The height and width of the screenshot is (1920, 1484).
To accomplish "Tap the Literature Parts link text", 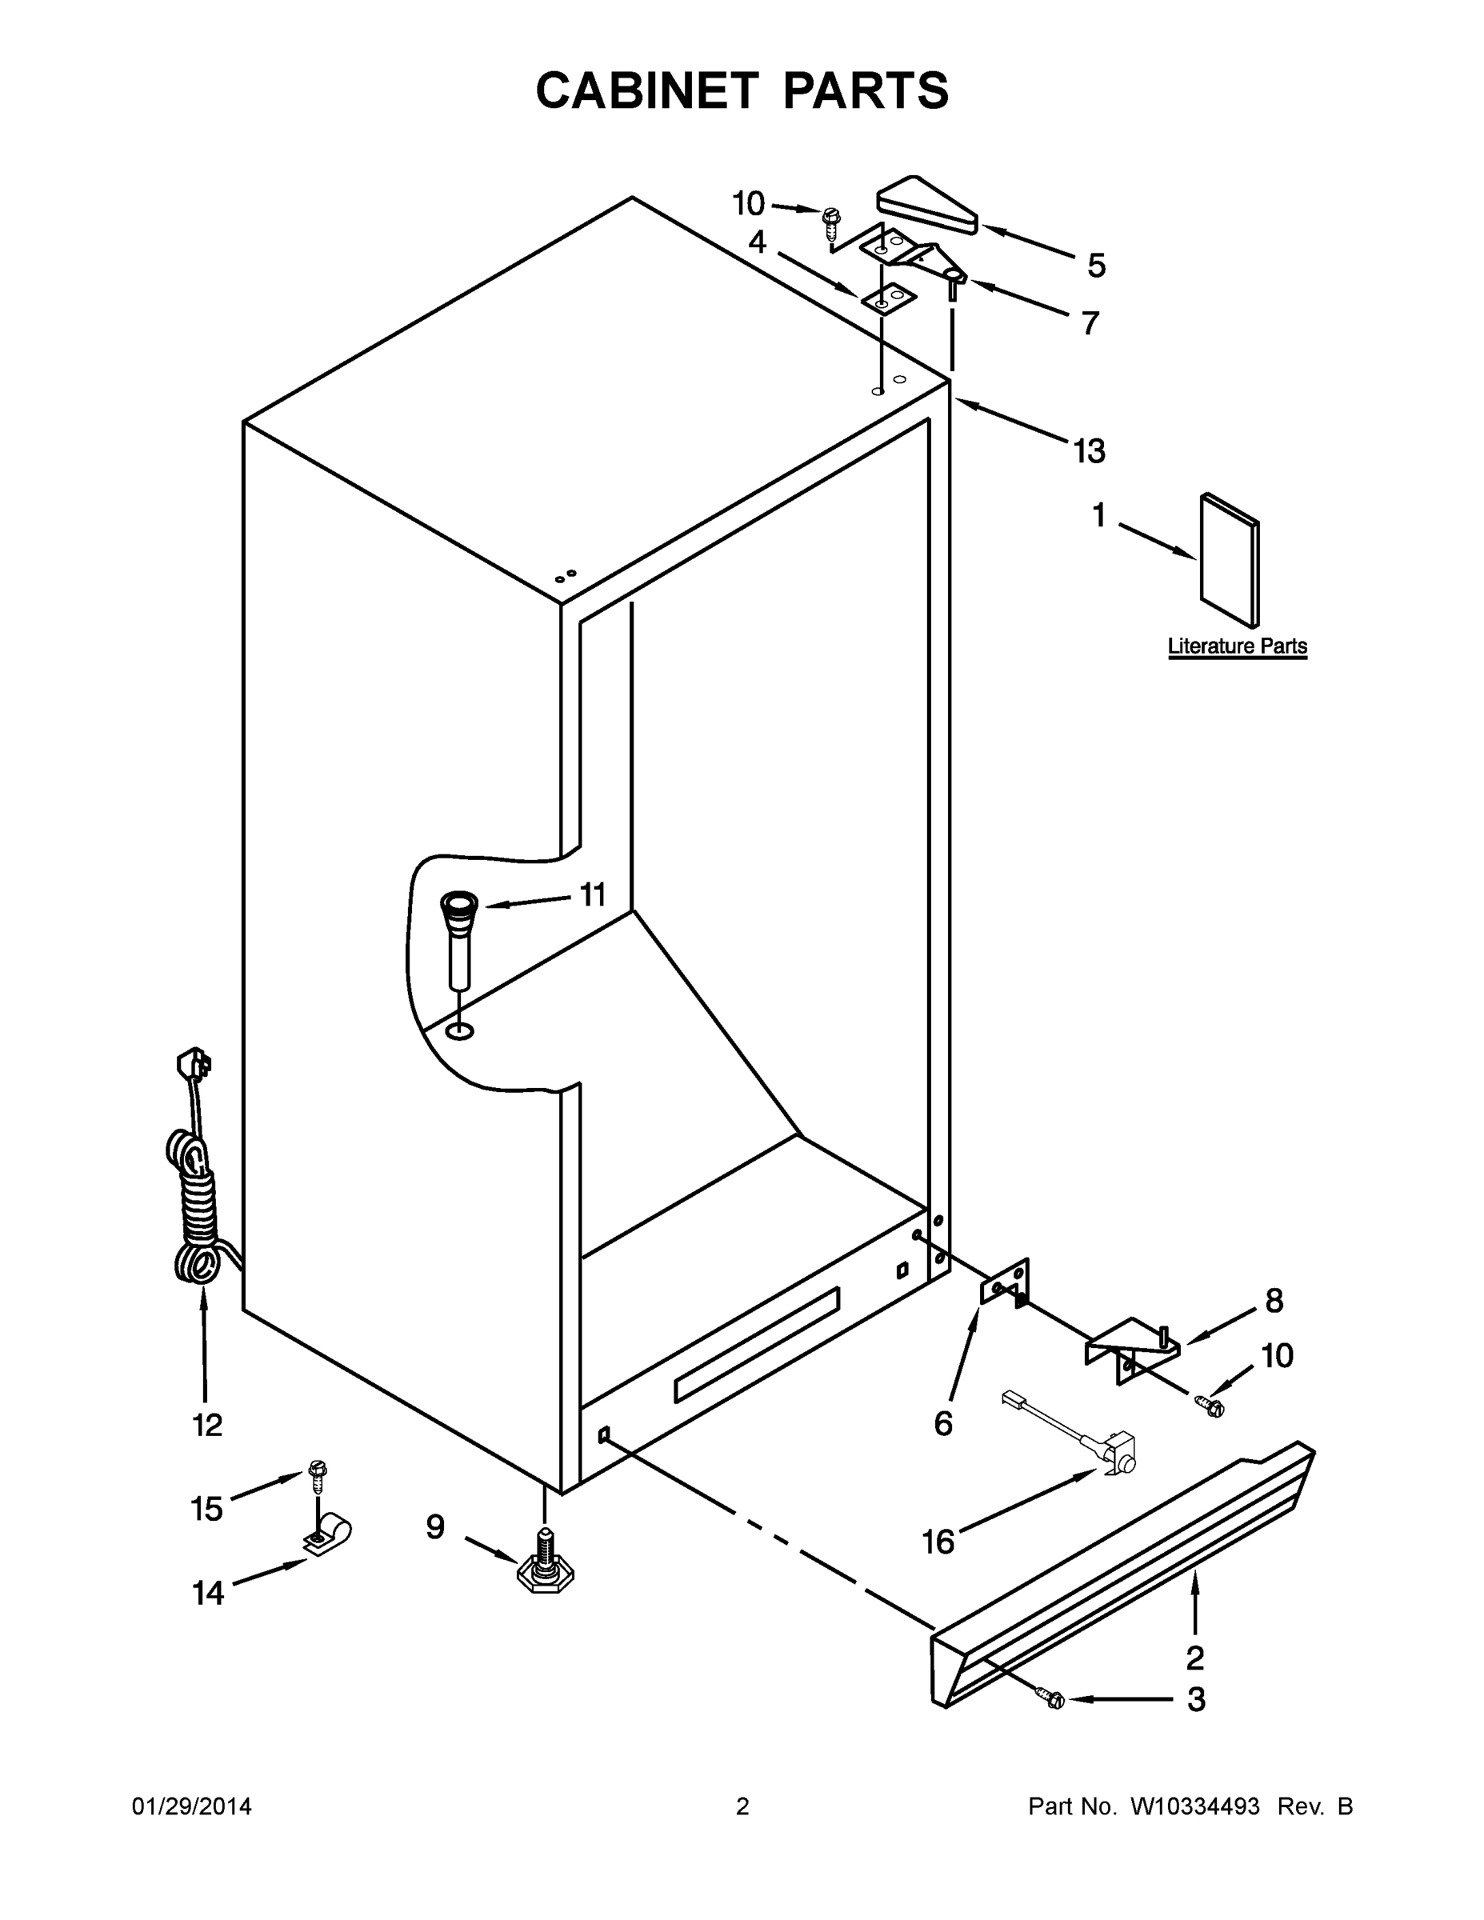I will pos(1236,646).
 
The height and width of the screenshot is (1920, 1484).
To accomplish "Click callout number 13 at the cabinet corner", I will pos(1090,452).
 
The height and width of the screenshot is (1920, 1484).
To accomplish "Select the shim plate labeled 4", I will pos(889,299).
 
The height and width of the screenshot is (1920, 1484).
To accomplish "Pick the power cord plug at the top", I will pos(194,1065).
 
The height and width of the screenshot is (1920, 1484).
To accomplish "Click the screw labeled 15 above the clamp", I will pos(318,1478).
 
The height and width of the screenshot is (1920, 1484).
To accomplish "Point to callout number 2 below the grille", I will pos(1194,1658).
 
